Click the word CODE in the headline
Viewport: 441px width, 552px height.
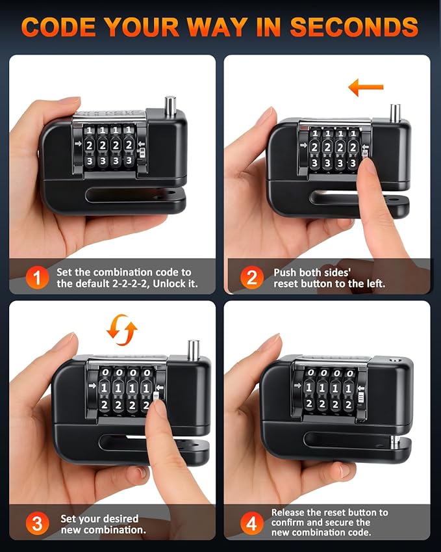click(58, 27)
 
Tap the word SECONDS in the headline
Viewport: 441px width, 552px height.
click(354, 27)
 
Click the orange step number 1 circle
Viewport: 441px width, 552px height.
click(37, 278)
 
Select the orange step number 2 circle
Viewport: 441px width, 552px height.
click(252, 278)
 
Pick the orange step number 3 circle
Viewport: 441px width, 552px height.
click(37, 523)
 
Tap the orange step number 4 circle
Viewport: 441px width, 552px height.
click(252, 523)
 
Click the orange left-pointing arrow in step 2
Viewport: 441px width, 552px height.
click(366, 87)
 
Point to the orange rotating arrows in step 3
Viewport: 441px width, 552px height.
click(121, 330)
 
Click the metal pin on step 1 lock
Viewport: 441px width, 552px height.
click(171, 105)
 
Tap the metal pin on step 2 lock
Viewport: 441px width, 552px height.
click(396, 112)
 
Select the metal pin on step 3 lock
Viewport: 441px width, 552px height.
click(194, 350)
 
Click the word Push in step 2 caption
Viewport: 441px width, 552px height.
click(284, 272)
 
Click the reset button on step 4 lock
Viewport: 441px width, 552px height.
click(361, 398)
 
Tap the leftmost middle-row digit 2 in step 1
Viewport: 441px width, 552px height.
click(90, 145)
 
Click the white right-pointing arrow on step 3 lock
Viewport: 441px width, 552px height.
click(92, 386)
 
